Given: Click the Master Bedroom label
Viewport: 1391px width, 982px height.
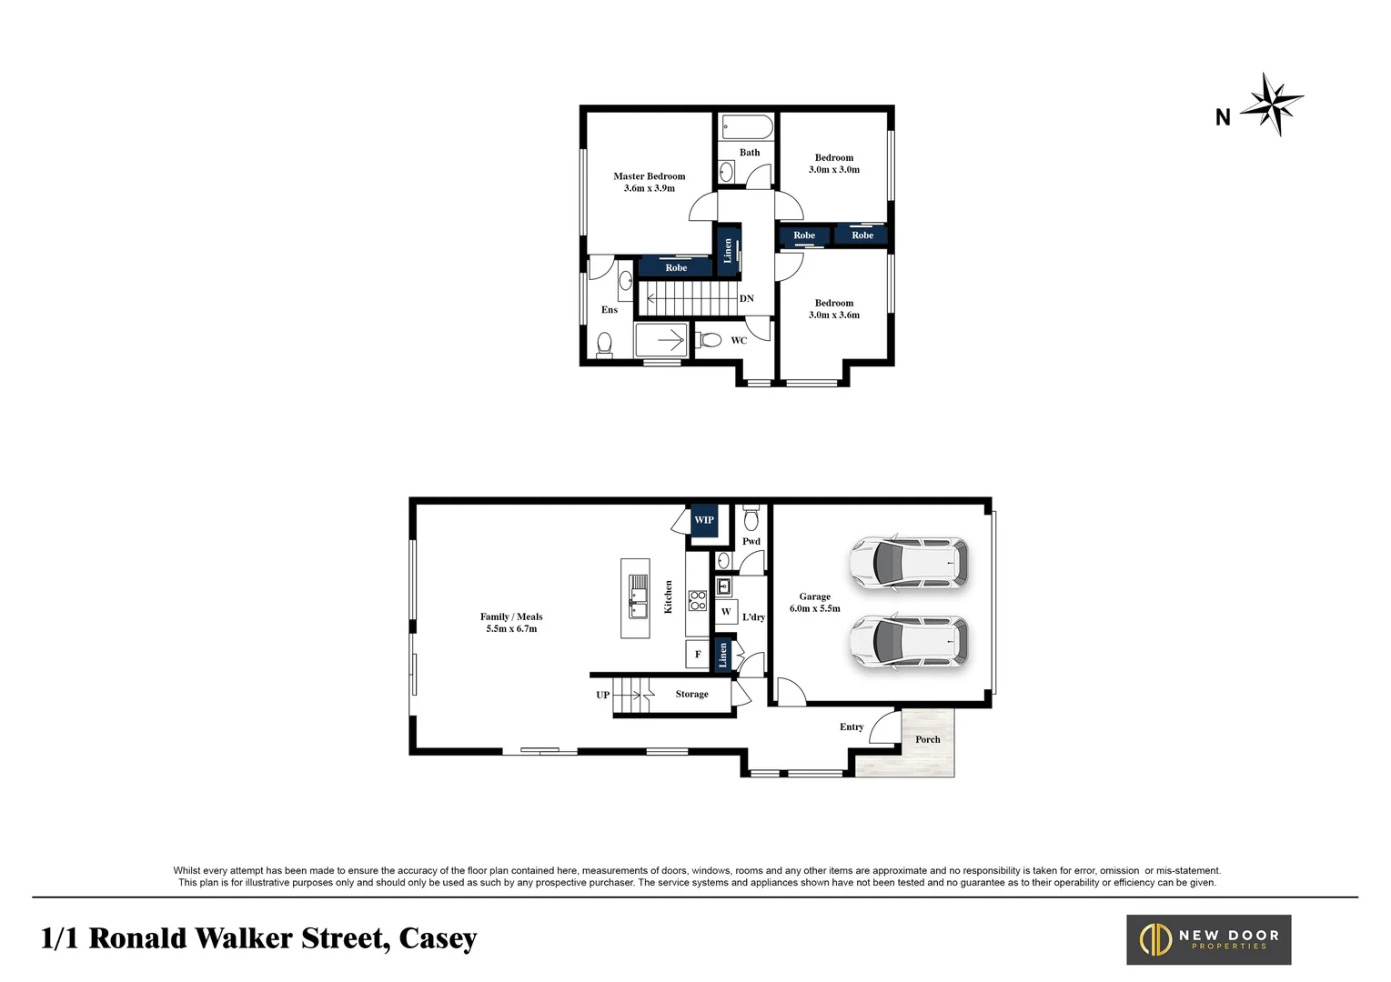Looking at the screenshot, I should click(649, 177).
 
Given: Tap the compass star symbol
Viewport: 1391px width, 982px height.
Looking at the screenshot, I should click(1273, 104).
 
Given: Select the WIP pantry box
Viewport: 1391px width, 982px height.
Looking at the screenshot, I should click(704, 520).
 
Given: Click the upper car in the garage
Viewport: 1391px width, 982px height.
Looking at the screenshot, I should click(907, 562).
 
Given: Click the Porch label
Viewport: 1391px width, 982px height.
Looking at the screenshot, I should click(927, 739).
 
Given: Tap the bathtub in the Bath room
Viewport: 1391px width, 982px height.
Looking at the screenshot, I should click(746, 126).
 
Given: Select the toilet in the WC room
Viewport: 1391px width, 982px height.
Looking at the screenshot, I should click(709, 340).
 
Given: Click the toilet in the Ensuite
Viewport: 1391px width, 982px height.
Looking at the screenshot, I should click(604, 344).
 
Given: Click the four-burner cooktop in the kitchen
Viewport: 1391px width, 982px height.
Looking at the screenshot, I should click(698, 600).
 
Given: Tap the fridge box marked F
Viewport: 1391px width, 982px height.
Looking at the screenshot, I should click(698, 655).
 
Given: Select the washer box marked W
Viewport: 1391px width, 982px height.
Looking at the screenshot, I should click(726, 612).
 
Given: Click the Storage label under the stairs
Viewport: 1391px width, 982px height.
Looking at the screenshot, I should click(691, 694).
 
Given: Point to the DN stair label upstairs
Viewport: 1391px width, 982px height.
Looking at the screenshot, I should click(746, 298).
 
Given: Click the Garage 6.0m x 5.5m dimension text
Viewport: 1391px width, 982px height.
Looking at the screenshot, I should click(814, 608).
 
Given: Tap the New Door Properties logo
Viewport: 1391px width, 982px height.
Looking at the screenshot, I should click(1208, 939).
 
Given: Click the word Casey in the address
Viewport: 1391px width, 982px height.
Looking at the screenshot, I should click(438, 938).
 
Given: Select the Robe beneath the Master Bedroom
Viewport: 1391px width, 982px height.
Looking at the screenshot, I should click(675, 267).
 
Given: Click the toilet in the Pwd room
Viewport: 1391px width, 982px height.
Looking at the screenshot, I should click(751, 520).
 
